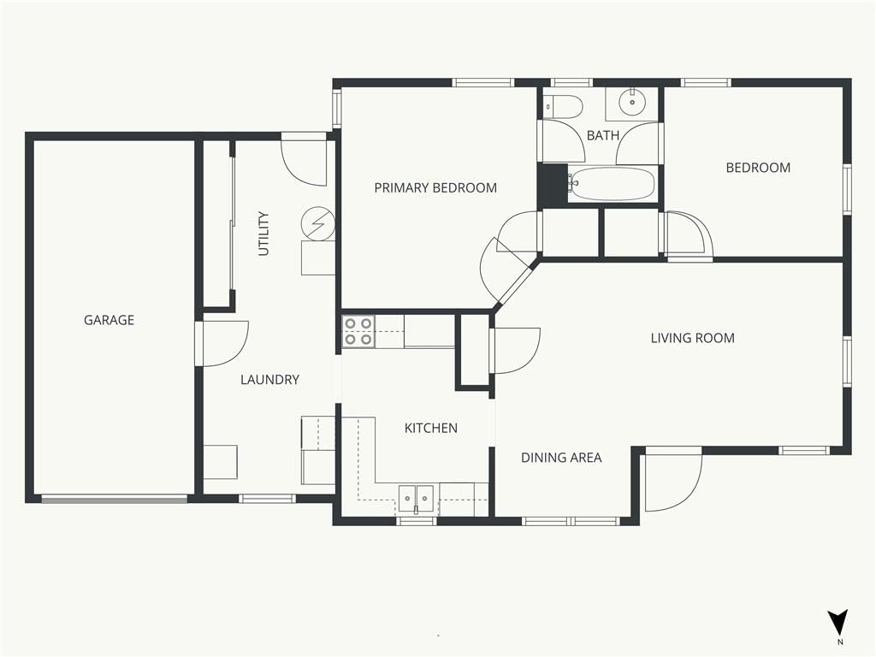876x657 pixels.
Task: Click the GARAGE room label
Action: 109,320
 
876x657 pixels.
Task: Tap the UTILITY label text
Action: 263,234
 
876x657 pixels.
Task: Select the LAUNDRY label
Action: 269,380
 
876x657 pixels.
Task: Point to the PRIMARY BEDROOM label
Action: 435,187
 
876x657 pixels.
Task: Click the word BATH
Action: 603,135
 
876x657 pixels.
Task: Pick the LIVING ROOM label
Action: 693,338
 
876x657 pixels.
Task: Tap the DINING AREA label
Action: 561,459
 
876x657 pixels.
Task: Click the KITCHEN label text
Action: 431,429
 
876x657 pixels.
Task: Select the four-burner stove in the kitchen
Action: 358,332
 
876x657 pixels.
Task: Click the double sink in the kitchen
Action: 417,499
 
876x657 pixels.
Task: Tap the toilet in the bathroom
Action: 564,106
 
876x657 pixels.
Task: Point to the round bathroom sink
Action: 632,103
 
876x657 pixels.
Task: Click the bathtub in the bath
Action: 613,185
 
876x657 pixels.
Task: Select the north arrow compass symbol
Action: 838,623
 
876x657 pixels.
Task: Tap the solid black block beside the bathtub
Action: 553,186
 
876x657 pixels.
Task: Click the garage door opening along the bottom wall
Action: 115,499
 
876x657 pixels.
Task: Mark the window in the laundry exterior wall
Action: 268,499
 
